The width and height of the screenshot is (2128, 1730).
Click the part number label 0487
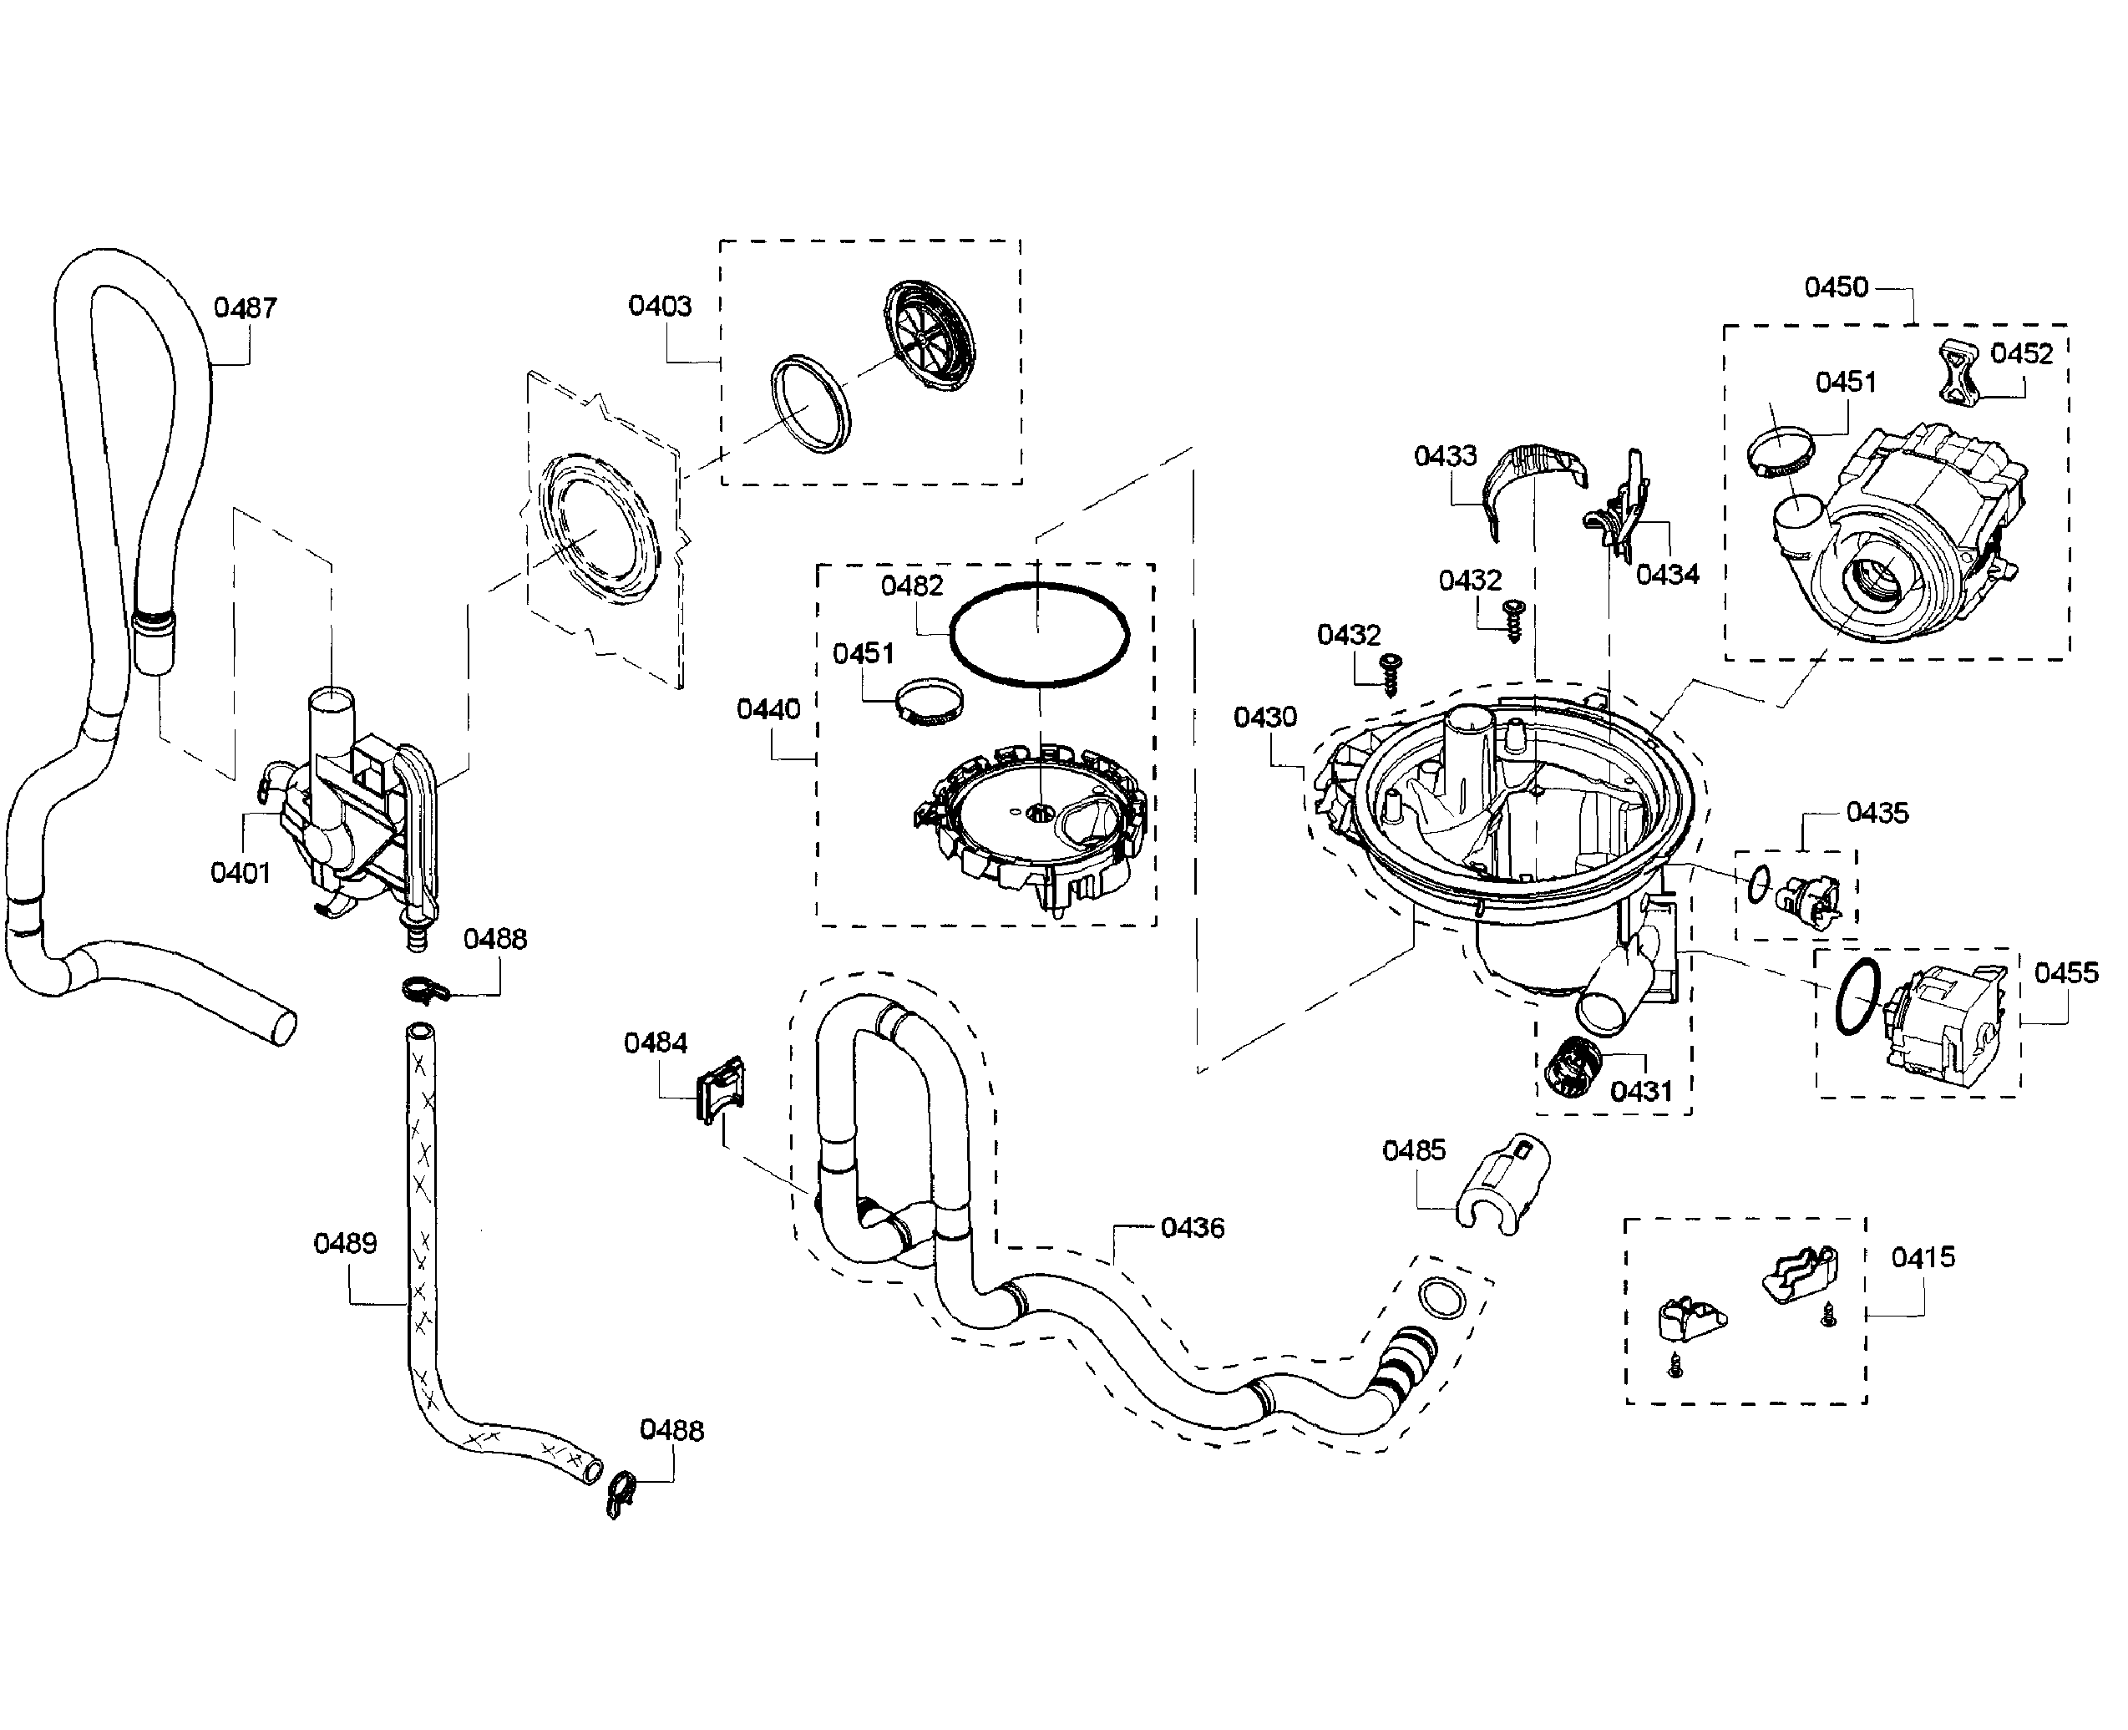coord(244,308)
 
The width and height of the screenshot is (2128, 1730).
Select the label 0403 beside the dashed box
coord(660,306)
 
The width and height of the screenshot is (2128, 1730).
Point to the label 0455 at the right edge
coord(2065,972)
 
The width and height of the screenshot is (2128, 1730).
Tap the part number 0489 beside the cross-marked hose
coord(345,1244)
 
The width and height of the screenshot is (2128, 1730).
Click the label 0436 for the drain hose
coord(1192,1228)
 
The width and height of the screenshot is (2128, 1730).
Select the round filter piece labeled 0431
coord(1570,1066)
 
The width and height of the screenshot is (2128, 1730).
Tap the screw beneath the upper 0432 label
coord(1514,619)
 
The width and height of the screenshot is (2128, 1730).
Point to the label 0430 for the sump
coord(1264,717)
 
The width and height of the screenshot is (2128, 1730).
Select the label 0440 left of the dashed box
coord(768,709)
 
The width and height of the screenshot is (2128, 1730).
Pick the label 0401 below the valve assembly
coord(240,873)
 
